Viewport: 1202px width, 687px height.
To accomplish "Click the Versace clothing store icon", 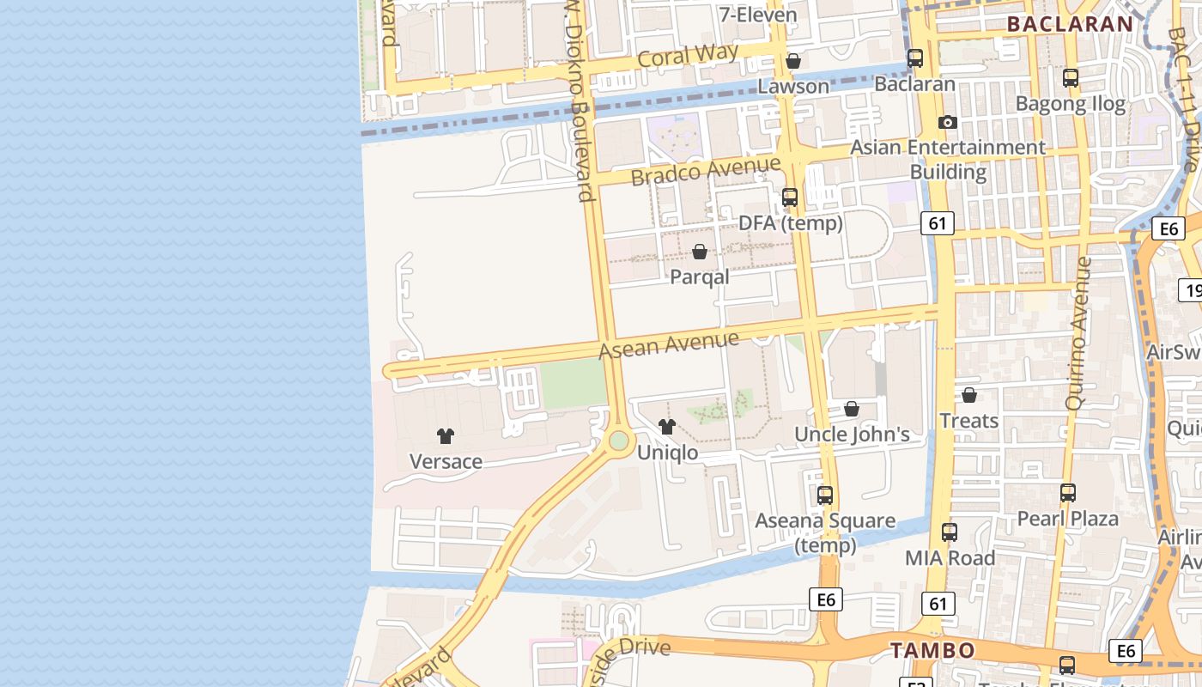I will [445, 436].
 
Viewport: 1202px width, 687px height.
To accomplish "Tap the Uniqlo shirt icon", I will [667, 427].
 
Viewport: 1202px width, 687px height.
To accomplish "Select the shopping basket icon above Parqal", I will [700, 252].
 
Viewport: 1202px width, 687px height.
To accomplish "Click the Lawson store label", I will [792, 86].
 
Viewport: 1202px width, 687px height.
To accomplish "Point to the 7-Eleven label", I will [758, 15].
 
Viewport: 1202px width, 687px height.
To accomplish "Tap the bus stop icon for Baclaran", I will [915, 58].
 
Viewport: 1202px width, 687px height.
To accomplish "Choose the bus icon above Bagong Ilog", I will [1071, 78].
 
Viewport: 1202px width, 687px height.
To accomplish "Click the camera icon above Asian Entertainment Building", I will [948, 122].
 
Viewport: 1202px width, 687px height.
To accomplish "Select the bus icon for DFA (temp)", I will [790, 198].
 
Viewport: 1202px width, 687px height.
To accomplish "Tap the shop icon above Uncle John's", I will [852, 409].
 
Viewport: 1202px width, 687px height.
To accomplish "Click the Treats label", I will [968, 421].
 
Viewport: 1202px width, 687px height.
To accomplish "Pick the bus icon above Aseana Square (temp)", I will [825, 495].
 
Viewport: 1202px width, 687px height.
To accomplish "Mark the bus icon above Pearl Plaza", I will [1068, 493].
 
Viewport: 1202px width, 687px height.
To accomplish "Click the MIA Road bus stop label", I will [950, 558].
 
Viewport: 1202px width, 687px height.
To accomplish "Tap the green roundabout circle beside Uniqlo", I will [619, 441].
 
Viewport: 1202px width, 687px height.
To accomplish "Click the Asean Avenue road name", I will [668, 345].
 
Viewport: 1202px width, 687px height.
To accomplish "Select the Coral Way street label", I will [688, 56].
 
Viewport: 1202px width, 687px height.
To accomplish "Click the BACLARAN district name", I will [1071, 24].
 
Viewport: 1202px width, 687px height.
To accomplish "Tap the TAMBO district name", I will [932, 650].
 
